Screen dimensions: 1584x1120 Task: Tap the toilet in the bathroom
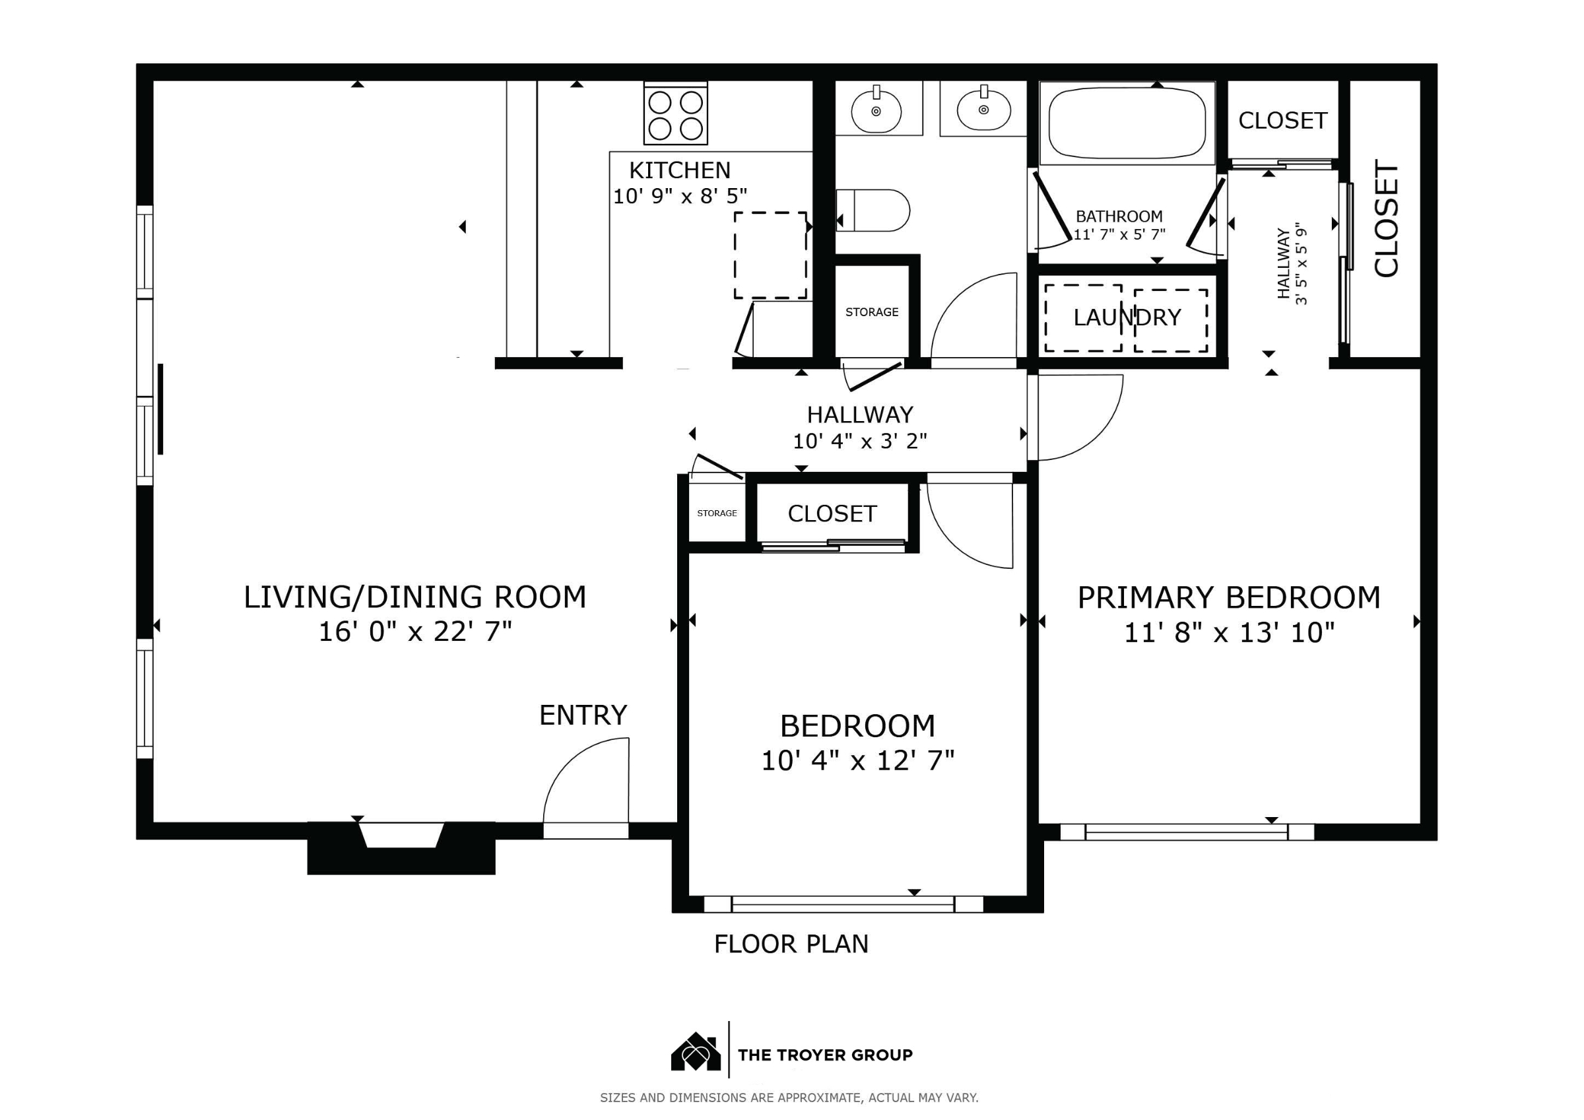click(x=873, y=211)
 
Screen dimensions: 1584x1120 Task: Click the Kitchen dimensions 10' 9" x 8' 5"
click(x=680, y=197)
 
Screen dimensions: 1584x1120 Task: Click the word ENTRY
click(x=583, y=715)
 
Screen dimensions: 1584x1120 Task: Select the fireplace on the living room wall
click(x=401, y=848)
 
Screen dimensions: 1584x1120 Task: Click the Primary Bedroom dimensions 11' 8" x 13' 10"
click(x=1230, y=633)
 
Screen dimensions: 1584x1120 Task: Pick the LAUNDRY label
click(x=1127, y=317)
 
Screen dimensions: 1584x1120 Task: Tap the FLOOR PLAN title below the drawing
click(x=791, y=944)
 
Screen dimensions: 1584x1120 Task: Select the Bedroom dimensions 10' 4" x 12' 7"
click(x=857, y=761)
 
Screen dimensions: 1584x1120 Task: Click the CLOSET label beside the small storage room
click(x=832, y=514)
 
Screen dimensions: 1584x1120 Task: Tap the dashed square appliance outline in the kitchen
click(x=771, y=255)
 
